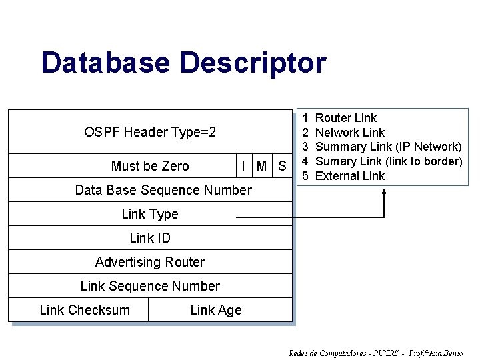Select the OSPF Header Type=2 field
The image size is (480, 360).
click(x=150, y=132)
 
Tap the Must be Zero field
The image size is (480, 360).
click(x=150, y=166)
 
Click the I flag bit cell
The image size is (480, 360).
click(x=244, y=166)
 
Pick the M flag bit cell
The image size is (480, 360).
click(x=262, y=166)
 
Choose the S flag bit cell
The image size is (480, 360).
click(x=282, y=166)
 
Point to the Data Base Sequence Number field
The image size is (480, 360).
click(x=163, y=190)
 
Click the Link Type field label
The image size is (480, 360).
click(x=150, y=214)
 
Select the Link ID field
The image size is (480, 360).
click(x=150, y=238)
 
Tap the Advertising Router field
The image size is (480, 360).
click(x=150, y=262)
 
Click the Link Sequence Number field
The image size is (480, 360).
click(x=150, y=286)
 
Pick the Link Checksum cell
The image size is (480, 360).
click(x=85, y=310)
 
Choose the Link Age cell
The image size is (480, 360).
click(x=216, y=310)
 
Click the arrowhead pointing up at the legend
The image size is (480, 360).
click(x=385, y=193)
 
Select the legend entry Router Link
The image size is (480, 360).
click(x=345, y=118)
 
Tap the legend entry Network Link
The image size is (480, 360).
click(x=349, y=133)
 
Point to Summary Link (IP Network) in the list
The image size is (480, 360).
click(x=388, y=147)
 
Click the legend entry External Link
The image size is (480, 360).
click(x=349, y=176)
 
